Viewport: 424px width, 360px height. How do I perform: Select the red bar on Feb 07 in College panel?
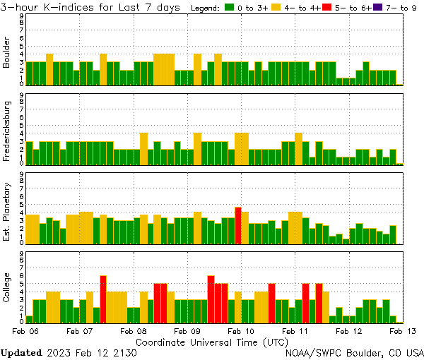(x=103, y=298)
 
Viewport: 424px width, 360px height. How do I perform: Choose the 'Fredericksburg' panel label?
(x=6, y=131)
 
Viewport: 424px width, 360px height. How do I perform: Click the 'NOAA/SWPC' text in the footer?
(x=311, y=352)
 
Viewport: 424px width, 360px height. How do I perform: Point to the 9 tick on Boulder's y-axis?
(x=21, y=16)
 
